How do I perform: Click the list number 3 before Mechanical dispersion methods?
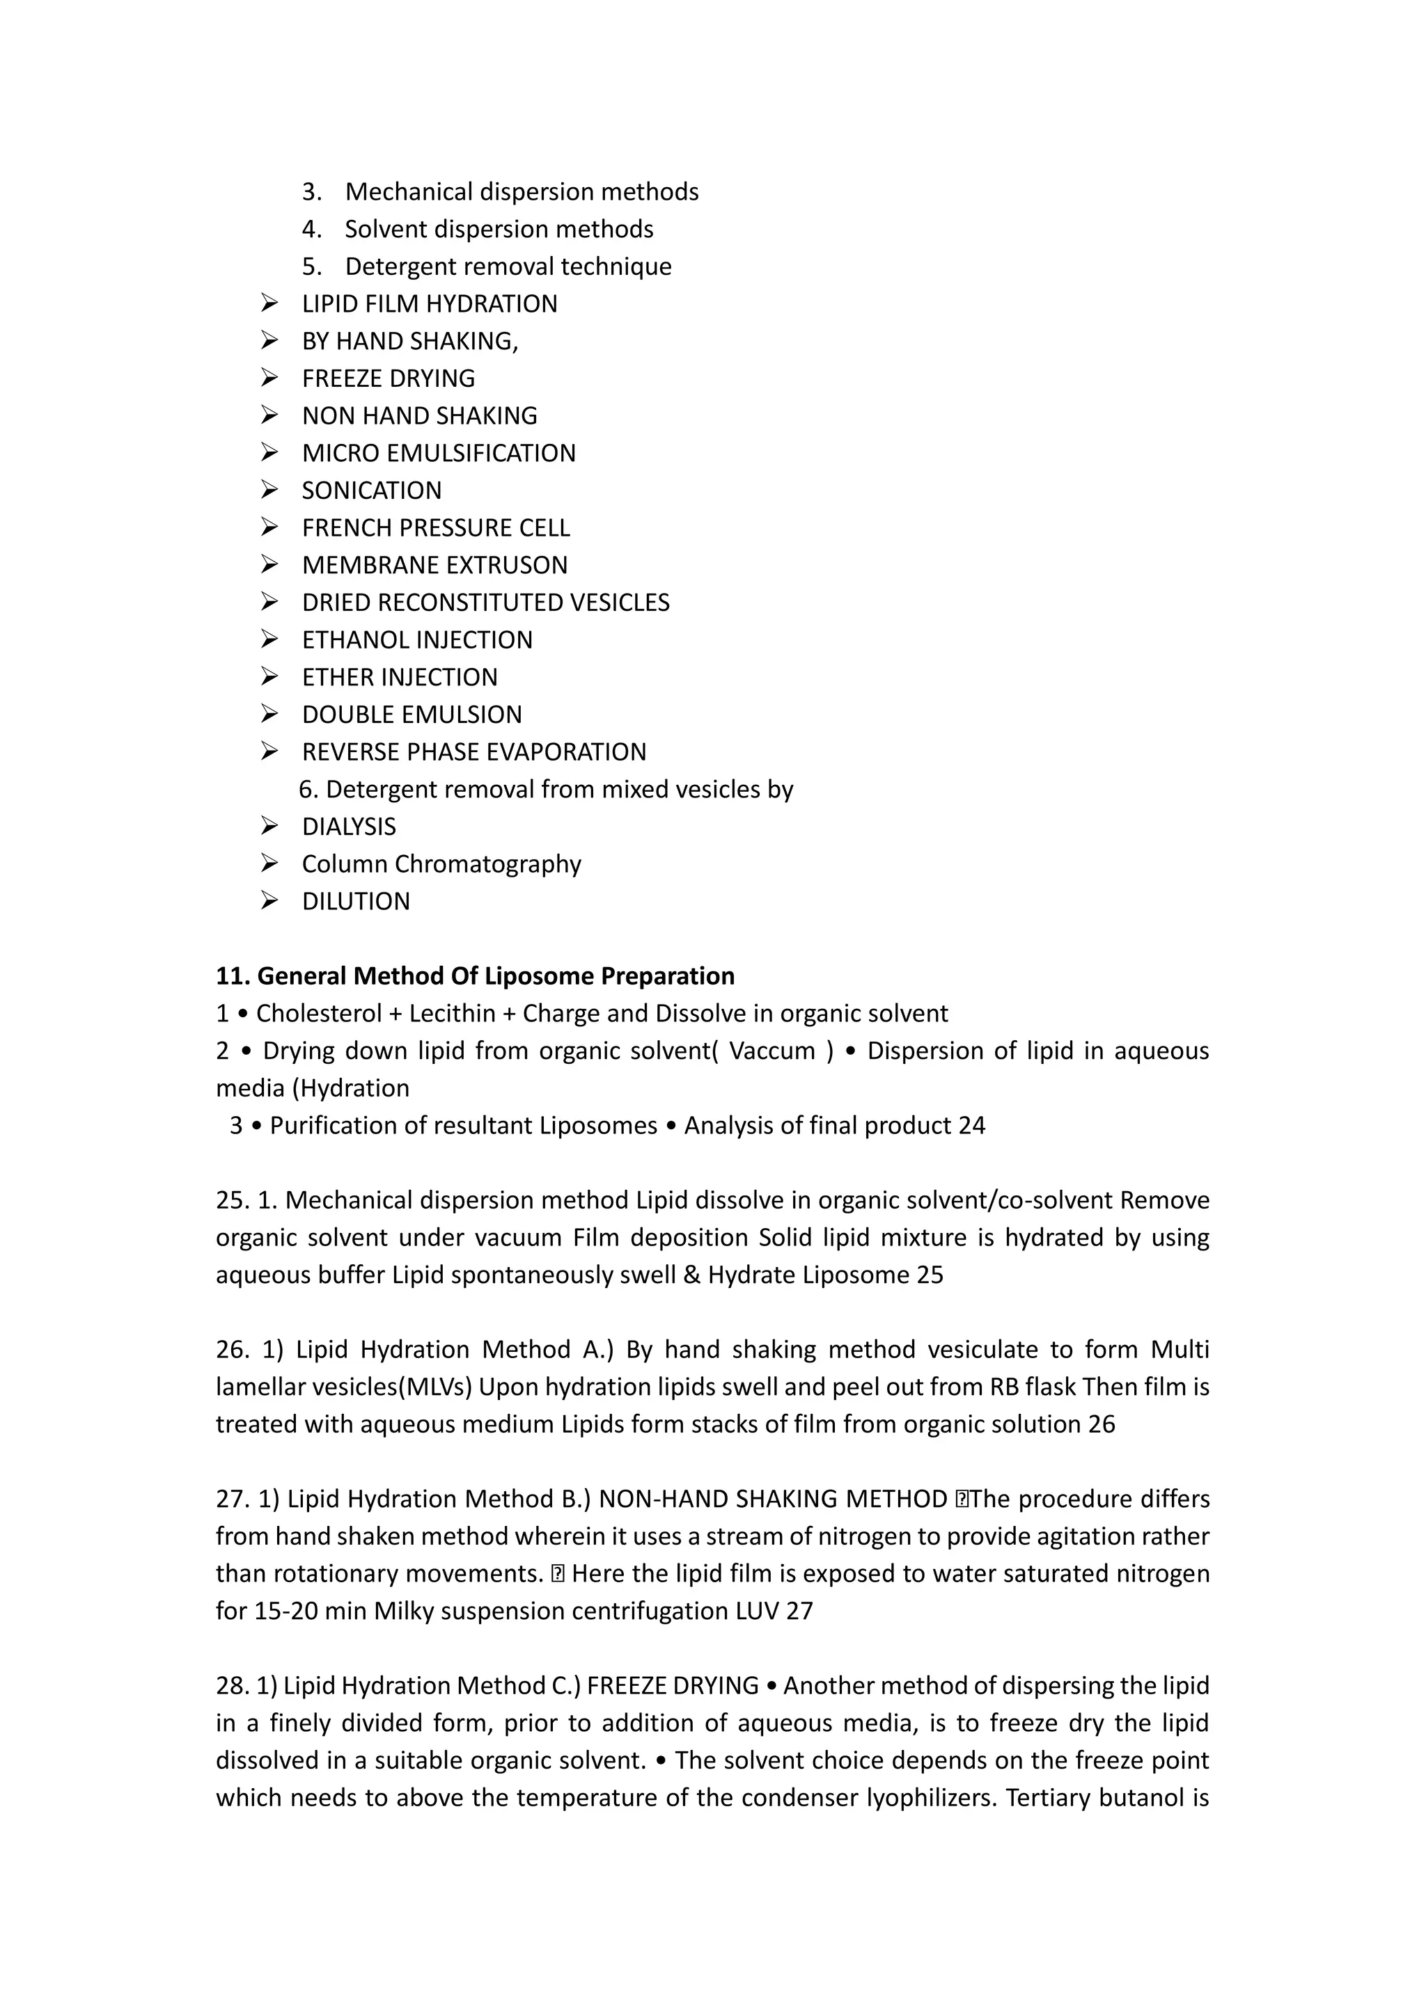click(x=311, y=192)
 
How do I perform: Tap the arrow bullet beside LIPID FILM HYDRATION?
click(x=269, y=303)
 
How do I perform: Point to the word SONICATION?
click(x=371, y=491)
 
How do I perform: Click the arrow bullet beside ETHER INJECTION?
click(x=269, y=676)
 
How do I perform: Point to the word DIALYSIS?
click(x=349, y=827)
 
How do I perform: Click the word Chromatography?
click(x=487, y=864)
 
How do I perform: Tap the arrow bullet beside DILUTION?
click(x=269, y=900)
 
